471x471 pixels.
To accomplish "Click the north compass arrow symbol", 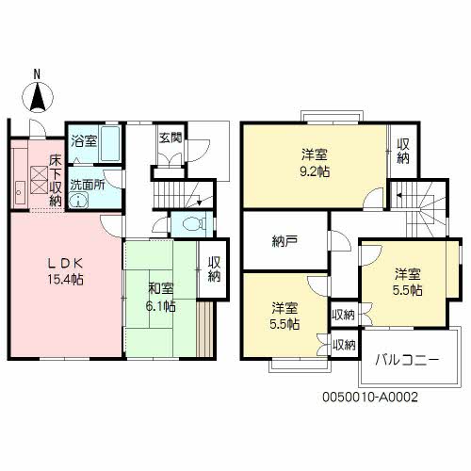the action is tap(38, 97).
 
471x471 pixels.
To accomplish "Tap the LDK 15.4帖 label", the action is tap(65, 270).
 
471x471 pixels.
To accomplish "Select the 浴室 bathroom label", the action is tap(83, 141).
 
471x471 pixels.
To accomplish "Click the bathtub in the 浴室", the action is tap(110, 143).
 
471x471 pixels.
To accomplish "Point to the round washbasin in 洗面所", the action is tap(78, 200).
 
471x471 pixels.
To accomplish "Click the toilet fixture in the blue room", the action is tap(191, 223).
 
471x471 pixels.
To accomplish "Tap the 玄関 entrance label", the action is tap(171, 138).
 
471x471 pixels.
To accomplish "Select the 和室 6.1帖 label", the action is tap(161, 298).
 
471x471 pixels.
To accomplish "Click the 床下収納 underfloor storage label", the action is tap(56, 181).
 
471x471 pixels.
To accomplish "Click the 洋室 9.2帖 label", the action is tap(315, 163).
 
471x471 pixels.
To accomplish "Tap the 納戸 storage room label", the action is tap(284, 241).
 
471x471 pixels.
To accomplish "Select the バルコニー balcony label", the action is tap(407, 360).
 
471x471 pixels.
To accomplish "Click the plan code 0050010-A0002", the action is tap(370, 398).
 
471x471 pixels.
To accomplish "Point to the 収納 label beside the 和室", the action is tap(214, 269).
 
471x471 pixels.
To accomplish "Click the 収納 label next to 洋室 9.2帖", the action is tap(403, 152).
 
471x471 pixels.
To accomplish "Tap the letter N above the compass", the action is tap(37, 74).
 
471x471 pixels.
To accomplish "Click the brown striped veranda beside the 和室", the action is tap(205, 329).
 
